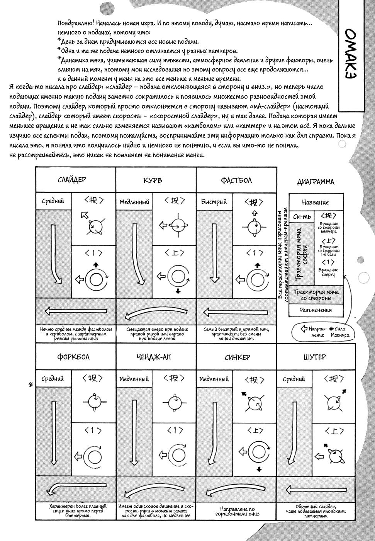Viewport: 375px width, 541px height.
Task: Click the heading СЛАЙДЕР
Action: coord(72,180)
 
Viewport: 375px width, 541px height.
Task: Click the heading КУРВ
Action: coord(153,180)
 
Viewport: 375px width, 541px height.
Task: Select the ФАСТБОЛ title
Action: coord(236,180)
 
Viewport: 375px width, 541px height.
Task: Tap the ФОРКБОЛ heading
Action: coord(73,357)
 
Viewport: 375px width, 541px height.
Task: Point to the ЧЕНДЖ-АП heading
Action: coord(153,357)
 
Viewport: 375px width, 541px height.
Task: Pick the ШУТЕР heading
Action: coord(315,357)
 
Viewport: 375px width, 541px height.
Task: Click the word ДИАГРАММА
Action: coord(316,182)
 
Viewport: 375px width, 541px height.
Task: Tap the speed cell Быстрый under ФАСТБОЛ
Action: coord(214,202)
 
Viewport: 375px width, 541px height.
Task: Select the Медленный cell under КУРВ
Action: coord(134,202)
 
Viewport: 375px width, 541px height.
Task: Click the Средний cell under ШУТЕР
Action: coord(294,379)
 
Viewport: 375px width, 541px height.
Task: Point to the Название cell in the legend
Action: coord(316,202)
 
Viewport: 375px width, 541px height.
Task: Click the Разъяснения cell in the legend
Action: coord(316,310)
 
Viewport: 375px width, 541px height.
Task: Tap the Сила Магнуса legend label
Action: coord(339,332)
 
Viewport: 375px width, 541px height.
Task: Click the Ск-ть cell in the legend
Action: coord(302,217)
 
